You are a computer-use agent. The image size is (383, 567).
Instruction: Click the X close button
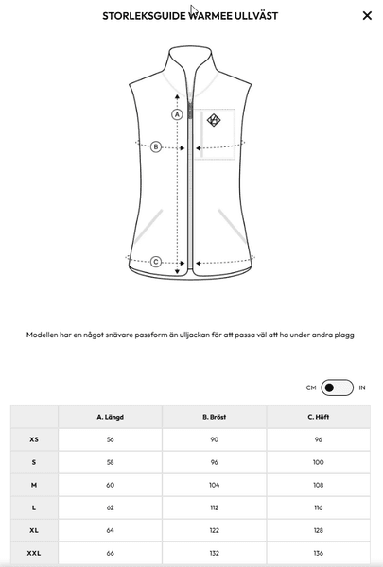click(367, 15)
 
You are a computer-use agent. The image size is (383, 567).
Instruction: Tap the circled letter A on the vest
click(177, 114)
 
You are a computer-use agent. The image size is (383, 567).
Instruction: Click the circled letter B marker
click(156, 146)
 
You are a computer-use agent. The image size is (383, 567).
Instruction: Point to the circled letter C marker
click(156, 262)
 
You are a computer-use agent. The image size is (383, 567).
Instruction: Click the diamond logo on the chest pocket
click(214, 120)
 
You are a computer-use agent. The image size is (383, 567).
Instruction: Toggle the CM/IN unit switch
click(337, 387)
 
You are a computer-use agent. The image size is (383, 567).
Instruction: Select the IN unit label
click(362, 387)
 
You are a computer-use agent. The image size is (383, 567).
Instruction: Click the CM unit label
click(311, 387)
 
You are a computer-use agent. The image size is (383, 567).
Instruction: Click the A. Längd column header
click(110, 417)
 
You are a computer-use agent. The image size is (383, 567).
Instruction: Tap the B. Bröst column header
click(215, 417)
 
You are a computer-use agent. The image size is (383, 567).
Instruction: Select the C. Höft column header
click(318, 417)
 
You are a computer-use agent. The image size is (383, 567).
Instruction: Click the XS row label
click(34, 439)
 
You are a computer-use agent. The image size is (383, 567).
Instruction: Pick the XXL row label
click(34, 553)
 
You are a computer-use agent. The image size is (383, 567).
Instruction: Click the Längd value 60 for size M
click(110, 485)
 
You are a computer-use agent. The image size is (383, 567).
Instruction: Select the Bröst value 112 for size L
click(215, 507)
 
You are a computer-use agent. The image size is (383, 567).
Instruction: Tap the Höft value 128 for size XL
click(318, 530)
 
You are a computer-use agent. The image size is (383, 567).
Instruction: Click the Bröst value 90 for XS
click(215, 439)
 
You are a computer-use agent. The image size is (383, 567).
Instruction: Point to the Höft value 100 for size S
click(318, 462)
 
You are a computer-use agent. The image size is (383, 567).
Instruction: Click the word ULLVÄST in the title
click(256, 16)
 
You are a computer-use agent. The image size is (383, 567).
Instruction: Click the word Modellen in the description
click(42, 335)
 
